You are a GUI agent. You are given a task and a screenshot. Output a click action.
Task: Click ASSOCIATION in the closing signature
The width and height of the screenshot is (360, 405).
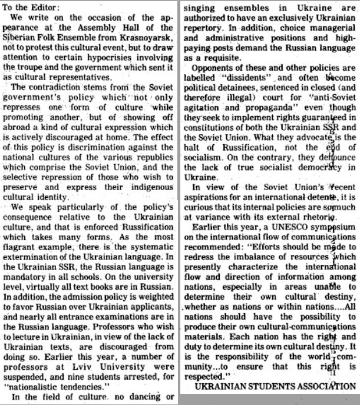pos(327,386)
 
